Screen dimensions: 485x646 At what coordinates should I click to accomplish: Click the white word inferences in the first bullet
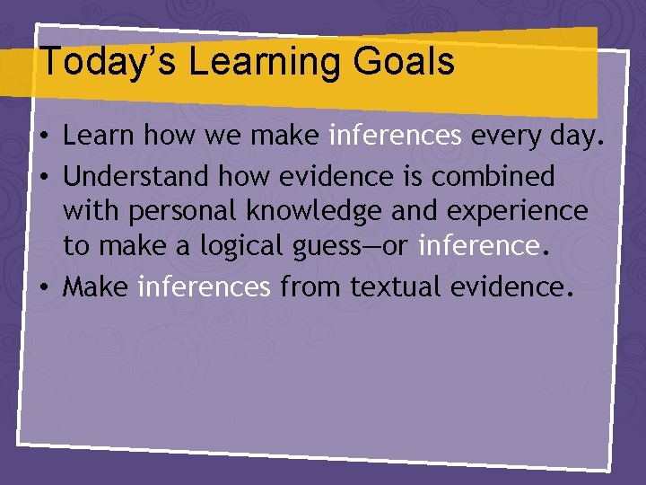pyautogui.click(x=396, y=137)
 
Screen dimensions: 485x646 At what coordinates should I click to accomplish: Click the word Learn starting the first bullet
pyautogui.click(x=99, y=137)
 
